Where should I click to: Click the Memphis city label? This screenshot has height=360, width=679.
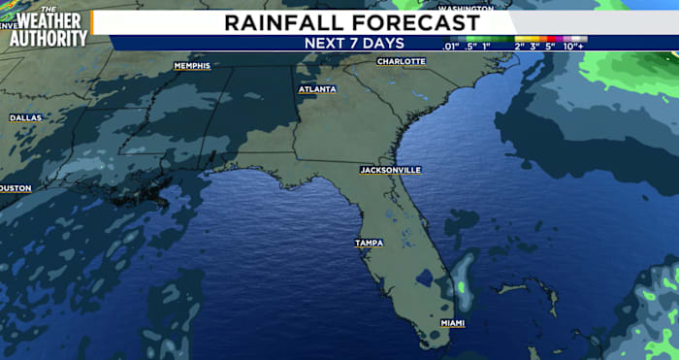[x=192, y=66]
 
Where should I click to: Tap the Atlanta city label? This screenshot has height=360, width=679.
[x=317, y=89]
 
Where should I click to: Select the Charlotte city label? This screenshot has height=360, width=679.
[x=401, y=61]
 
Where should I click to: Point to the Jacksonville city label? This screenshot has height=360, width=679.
[x=390, y=170]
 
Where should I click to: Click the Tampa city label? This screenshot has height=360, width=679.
[x=369, y=243]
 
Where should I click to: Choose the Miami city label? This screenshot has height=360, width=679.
[x=452, y=322]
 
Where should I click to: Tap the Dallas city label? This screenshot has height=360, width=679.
[x=25, y=117]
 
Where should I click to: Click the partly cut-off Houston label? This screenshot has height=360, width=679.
[x=16, y=188]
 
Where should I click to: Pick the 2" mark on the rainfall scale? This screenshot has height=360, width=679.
[x=521, y=46]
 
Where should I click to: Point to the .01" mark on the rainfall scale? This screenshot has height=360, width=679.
[x=450, y=46]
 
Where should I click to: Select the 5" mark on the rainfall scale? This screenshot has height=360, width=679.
[x=551, y=46]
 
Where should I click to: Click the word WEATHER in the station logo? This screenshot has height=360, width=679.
[x=48, y=20]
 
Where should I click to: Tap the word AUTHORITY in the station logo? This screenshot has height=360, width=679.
[x=48, y=38]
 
